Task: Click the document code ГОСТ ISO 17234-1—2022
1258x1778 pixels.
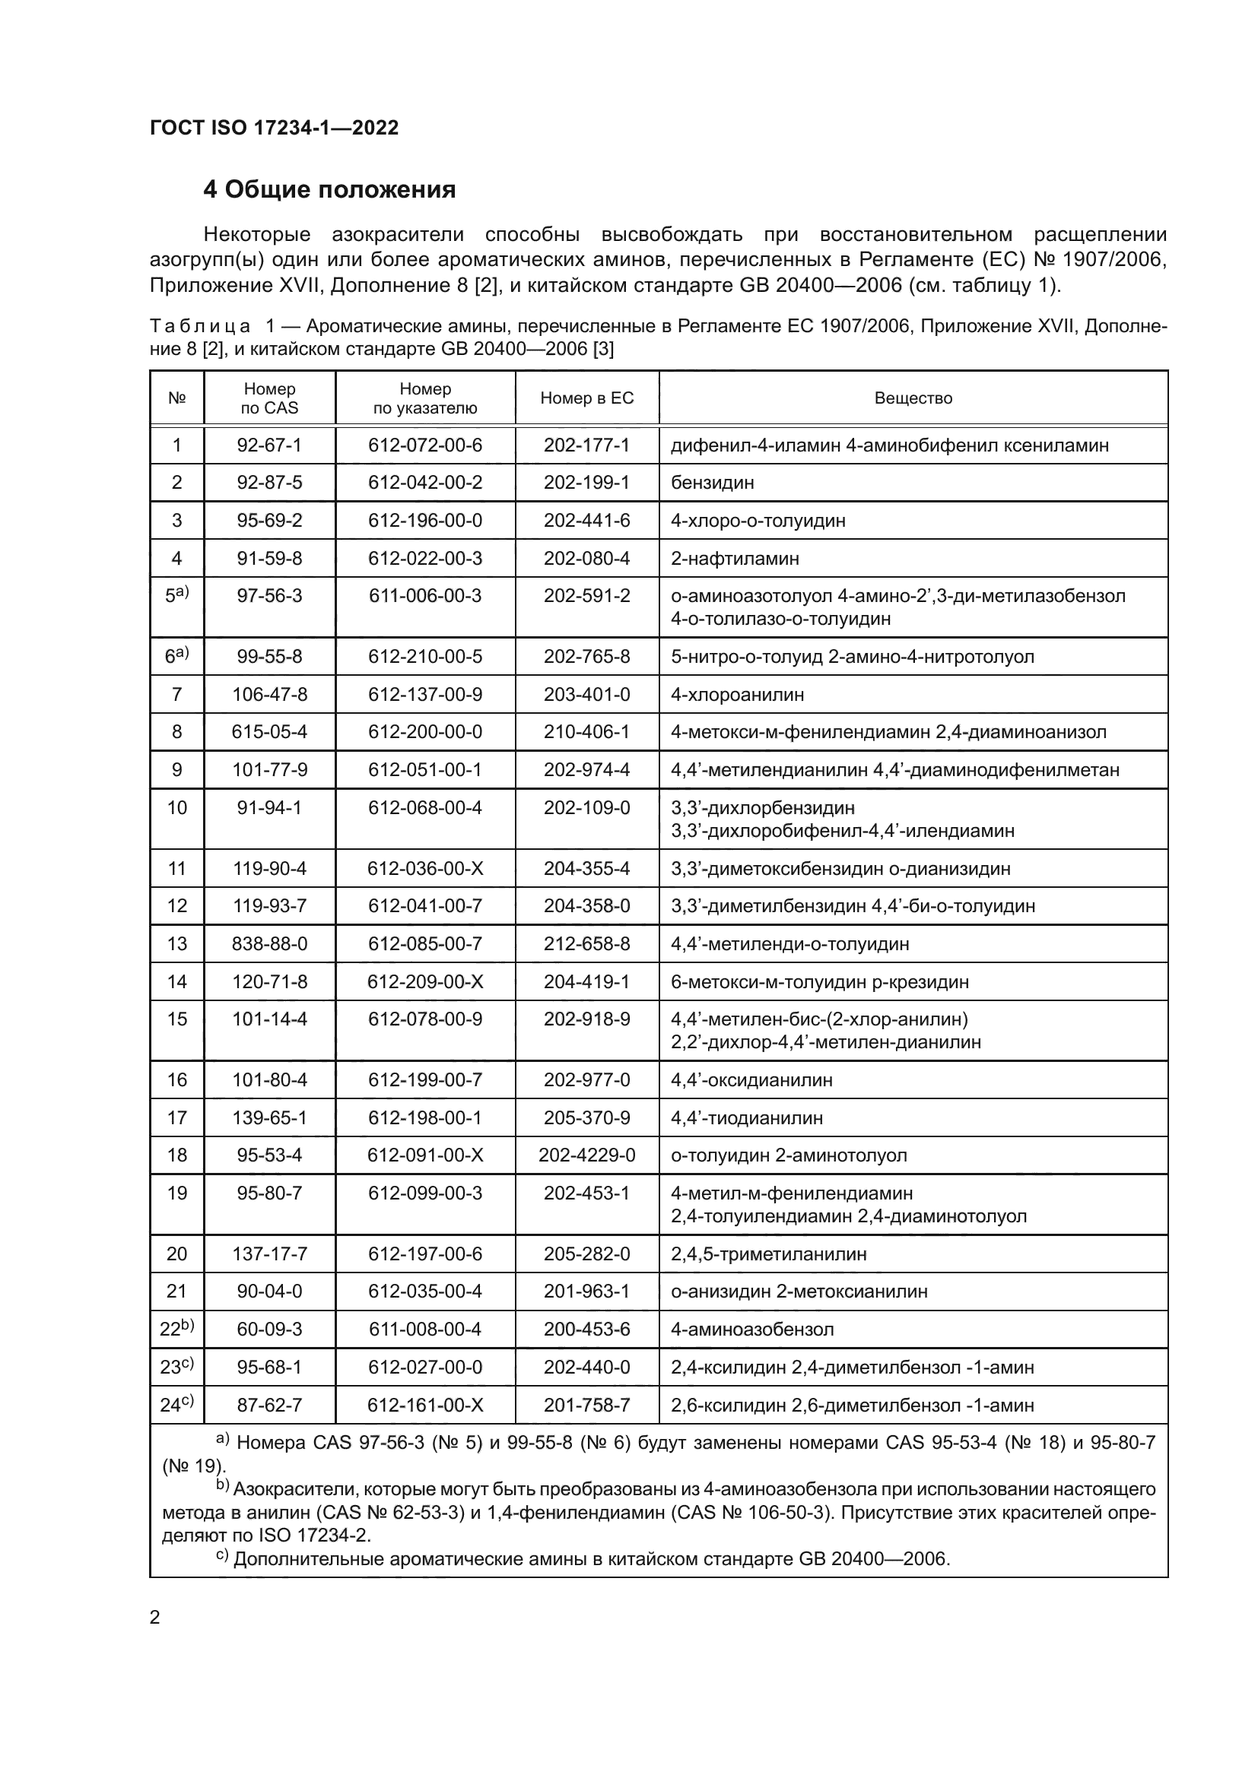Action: point(275,128)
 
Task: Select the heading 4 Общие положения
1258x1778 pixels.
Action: point(329,189)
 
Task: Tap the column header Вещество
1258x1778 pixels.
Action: point(913,398)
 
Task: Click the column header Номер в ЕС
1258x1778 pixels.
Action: point(586,398)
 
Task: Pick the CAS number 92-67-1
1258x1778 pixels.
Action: point(269,445)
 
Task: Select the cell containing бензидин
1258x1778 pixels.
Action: point(712,483)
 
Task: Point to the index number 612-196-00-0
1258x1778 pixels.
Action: point(424,521)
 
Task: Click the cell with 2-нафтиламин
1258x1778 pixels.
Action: point(735,559)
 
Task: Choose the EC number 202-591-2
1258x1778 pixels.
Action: point(586,595)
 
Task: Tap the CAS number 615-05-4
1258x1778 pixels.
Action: point(269,732)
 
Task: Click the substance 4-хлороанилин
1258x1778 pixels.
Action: point(737,695)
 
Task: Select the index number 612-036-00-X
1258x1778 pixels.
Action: point(424,868)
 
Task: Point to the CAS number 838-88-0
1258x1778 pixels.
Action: point(269,944)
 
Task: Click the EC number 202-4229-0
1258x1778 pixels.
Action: point(586,1155)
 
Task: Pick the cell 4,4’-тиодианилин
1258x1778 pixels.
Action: point(746,1117)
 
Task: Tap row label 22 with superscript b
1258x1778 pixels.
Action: point(176,1329)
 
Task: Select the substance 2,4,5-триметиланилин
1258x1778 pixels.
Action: point(768,1253)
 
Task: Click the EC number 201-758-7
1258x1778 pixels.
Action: point(586,1405)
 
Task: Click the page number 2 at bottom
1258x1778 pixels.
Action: point(155,1617)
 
